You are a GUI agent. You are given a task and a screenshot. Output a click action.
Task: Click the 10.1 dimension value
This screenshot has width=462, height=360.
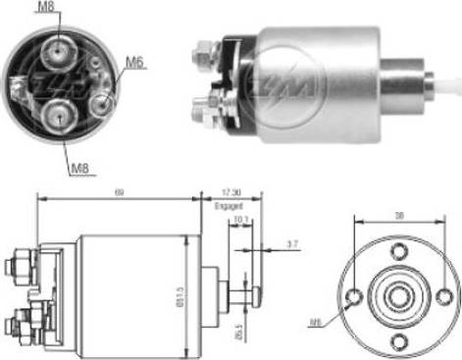pyautogui.click(x=241, y=220)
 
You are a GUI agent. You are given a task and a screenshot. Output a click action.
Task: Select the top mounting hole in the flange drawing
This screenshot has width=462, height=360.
pyautogui.click(x=397, y=251)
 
